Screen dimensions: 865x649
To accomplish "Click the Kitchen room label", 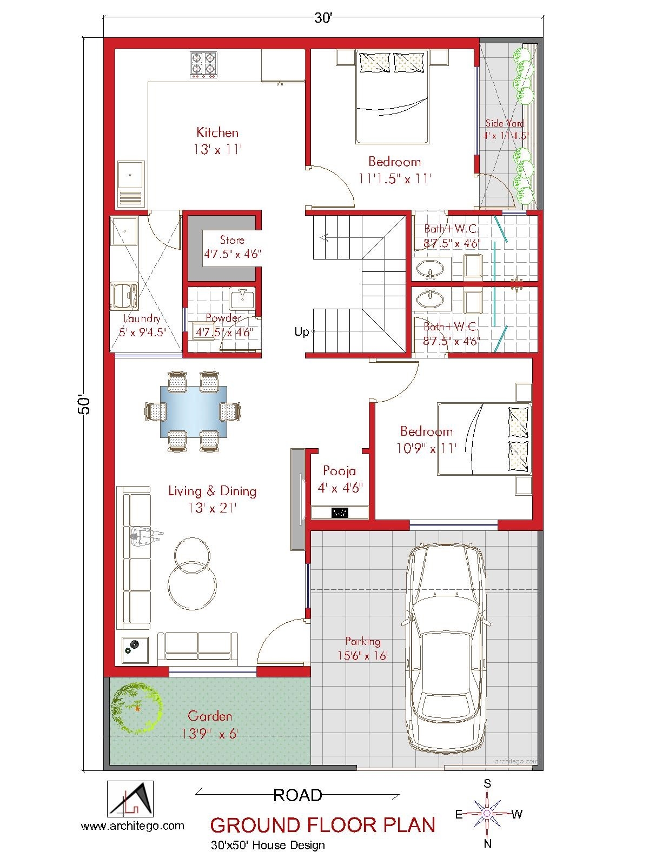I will tap(217, 132).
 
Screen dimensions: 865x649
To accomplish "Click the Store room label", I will tap(232, 240).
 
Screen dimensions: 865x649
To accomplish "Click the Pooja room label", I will tap(339, 471).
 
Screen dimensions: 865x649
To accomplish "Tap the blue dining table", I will tap(193, 411).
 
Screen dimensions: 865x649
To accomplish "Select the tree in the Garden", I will tap(136, 708).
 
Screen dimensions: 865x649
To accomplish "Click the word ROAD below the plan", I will tap(297, 795).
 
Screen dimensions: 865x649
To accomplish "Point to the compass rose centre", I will tap(487, 813).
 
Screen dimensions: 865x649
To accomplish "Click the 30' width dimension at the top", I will tap(323, 18).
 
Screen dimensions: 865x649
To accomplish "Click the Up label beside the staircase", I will tap(301, 331).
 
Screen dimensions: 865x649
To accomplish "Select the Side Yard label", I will tap(505, 123).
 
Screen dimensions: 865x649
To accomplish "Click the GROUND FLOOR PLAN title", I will tap(322, 825).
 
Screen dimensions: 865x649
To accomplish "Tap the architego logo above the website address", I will tap(130, 799).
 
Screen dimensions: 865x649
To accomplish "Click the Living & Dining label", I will tap(212, 491).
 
